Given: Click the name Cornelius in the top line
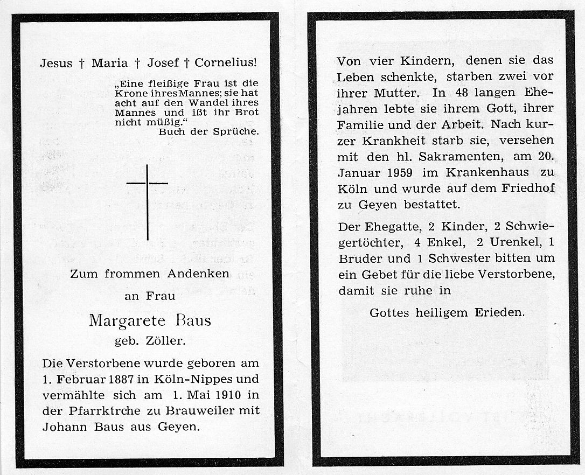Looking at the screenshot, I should click(226, 63).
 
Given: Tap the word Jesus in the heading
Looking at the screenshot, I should click(56, 63).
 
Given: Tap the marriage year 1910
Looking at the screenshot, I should click(222, 395).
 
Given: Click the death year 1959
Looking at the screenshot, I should click(400, 173).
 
